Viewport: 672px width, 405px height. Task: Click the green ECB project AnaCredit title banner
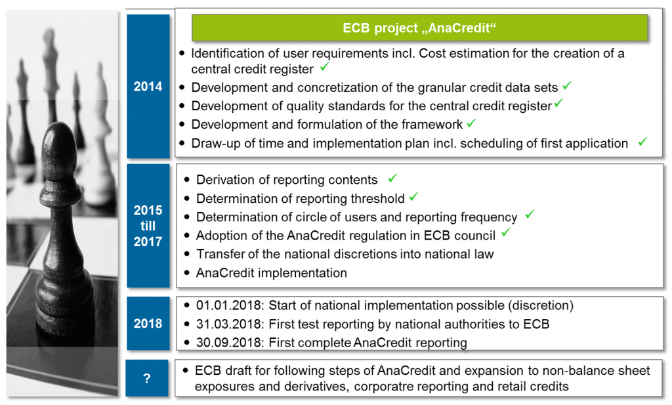[419, 28]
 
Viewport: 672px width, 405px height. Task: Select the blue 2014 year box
[148, 87]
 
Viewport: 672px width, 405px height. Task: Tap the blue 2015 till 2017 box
[148, 226]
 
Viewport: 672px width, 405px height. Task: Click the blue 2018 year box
[148, 324]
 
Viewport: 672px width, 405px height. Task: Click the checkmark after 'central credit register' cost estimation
[325, 68]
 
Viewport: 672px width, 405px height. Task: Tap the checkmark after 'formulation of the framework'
[471, 123]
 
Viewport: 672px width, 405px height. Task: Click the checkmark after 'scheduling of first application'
[642, 141]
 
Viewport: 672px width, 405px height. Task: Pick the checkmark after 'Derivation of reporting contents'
[392, 178]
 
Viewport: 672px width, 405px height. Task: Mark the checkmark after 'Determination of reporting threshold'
[413, 196]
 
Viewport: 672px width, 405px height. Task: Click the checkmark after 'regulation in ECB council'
[506, 233]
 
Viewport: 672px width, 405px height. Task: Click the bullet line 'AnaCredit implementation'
[271, 272]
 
